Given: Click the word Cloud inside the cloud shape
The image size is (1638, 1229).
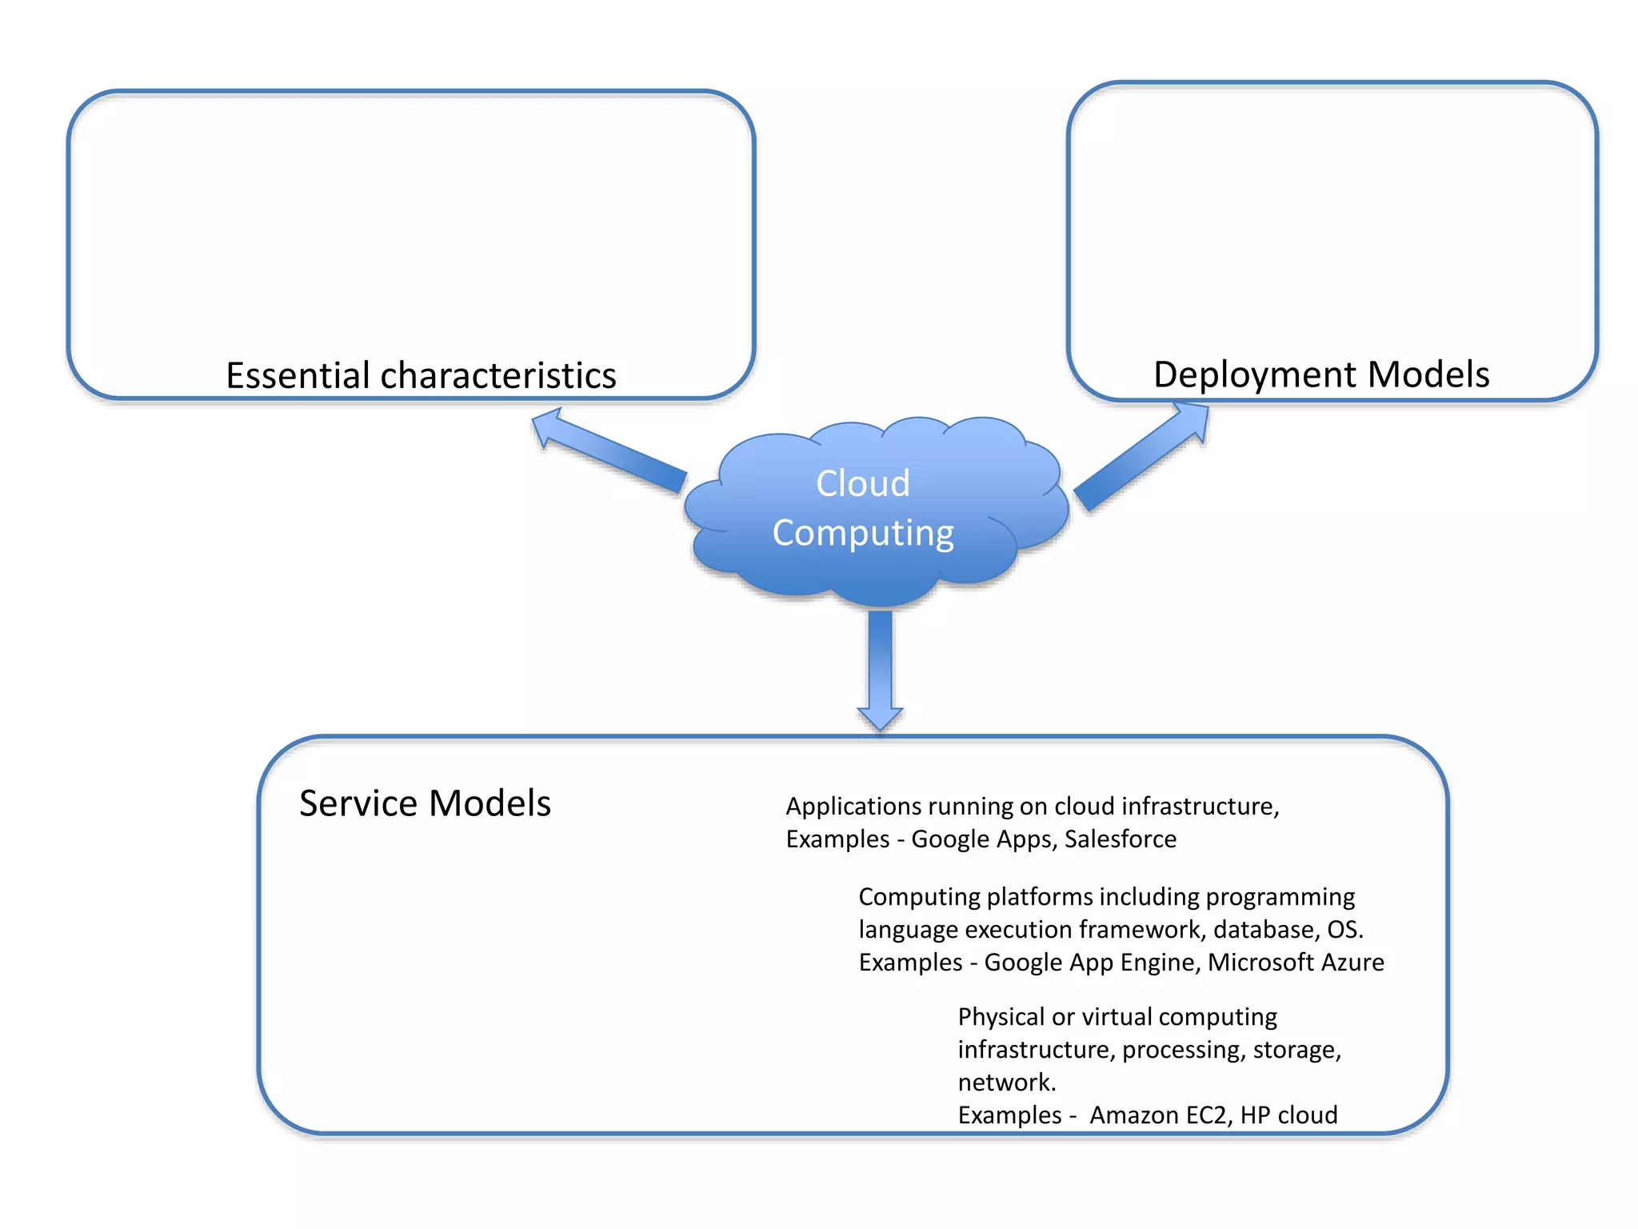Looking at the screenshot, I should click(x=862, y=483).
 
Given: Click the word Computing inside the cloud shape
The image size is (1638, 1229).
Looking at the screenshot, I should click(x=862, y=533).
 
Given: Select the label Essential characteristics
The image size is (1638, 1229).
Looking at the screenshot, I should click(x=421, y=375).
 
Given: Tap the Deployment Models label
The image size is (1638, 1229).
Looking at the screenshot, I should click(x=1320, y=374).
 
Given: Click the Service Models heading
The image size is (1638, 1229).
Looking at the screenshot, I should click(x=425, y=803).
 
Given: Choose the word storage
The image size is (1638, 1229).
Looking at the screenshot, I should click(x=1295, y=1050).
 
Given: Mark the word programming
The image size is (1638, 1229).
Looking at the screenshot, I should click(x=1280, y=897).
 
